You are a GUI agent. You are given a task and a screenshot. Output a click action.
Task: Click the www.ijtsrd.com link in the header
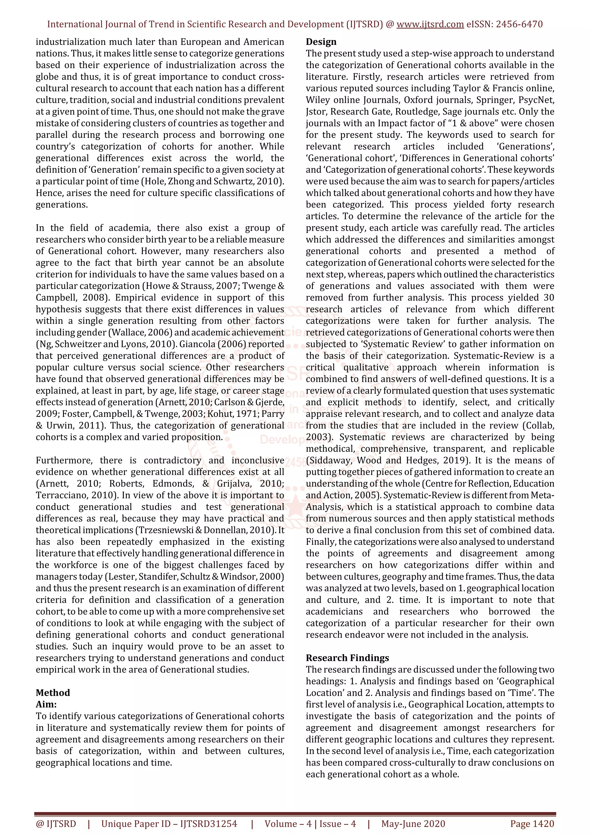(430, 24)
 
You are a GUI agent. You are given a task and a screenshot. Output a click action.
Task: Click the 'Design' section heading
(321, 42)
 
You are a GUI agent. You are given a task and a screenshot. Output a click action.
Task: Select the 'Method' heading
(53, 693)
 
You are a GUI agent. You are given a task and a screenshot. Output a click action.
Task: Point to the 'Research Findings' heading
(347, 658)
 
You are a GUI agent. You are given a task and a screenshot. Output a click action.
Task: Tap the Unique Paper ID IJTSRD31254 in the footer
(169, 824)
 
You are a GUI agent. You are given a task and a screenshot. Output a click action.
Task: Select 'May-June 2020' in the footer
(413, 824)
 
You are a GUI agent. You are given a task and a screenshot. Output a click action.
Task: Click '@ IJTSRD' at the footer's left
(56, 824)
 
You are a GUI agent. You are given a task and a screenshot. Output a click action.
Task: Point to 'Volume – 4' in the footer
(288, 824)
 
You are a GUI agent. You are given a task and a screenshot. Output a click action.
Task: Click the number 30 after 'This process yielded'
(549, 297)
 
